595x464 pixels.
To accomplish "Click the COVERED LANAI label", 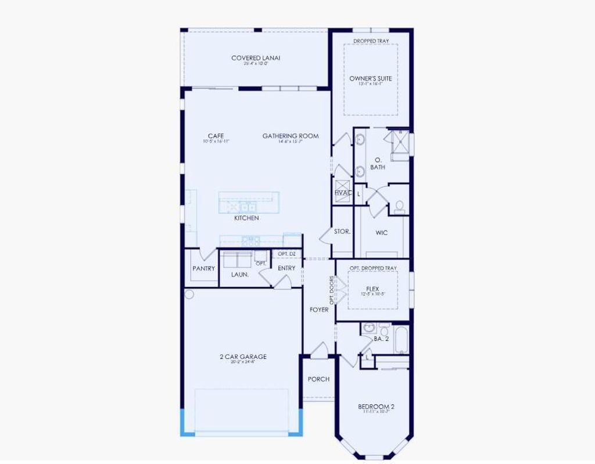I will (x=256, y=58).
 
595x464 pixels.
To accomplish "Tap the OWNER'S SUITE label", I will (x=370, y=78).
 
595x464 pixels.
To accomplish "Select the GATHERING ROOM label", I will (x=291, y=136).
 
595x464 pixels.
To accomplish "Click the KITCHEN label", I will (x=246, y=218).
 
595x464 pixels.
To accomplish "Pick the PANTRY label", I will (x=204, y=269).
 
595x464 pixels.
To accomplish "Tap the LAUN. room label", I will (x=240, y=274).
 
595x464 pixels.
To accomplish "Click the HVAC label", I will (x=343, y=193).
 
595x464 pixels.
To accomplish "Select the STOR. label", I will (x=342, y=231).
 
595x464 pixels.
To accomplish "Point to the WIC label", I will (x=381, y=233).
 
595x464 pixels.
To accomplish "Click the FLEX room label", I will (x=372, y=289).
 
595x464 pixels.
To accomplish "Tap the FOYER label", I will (x=319, y=310).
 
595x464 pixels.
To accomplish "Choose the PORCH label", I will (x=318, y=379).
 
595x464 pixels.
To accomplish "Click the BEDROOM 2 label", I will (x=376, y=407).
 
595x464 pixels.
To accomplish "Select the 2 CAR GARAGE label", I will (x=243, y=357).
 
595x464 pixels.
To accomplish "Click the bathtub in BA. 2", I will (x=402, y=340).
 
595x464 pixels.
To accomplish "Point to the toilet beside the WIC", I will (x=399, y=207).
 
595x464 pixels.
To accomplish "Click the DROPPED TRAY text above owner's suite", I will (x=371, y=41).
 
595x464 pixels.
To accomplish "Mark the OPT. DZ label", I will (x=286, y=254).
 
